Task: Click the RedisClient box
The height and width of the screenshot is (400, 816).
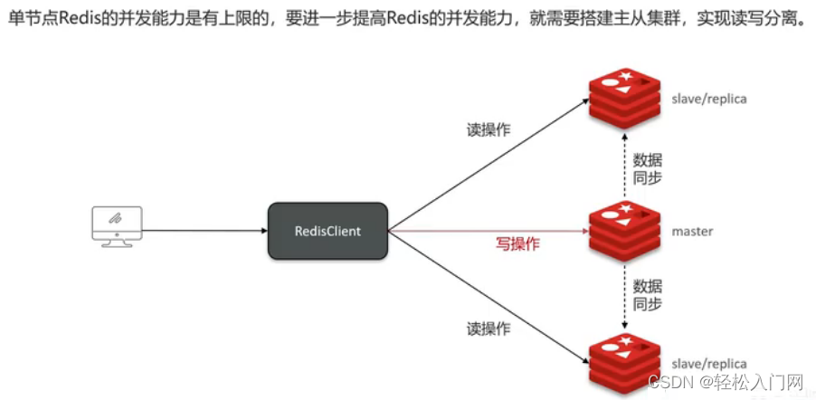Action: [x=327, y=231]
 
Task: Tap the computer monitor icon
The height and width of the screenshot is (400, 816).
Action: [x=117, y=224]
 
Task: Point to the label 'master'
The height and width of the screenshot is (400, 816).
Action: [x=692, y=232]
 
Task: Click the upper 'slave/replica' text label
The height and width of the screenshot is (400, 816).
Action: [x=709, y=99]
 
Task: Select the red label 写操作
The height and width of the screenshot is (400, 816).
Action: [x=517, y=243]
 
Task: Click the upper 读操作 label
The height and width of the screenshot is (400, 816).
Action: [x=488, y=129]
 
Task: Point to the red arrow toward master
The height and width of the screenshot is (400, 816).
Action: [x=489, y=231]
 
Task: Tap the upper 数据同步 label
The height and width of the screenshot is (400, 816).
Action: [x=649, y=168]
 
